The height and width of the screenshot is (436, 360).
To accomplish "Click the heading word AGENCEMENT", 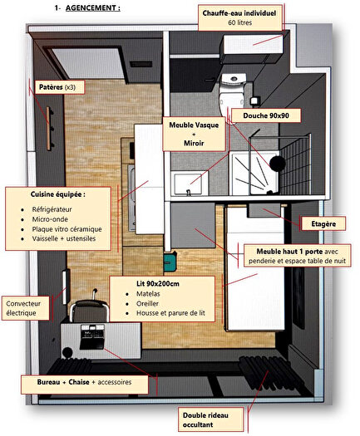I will coord(92,7).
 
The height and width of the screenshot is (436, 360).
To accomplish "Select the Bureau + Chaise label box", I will coord(87,384).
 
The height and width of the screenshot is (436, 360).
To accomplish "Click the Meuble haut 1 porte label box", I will coord(299,256).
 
